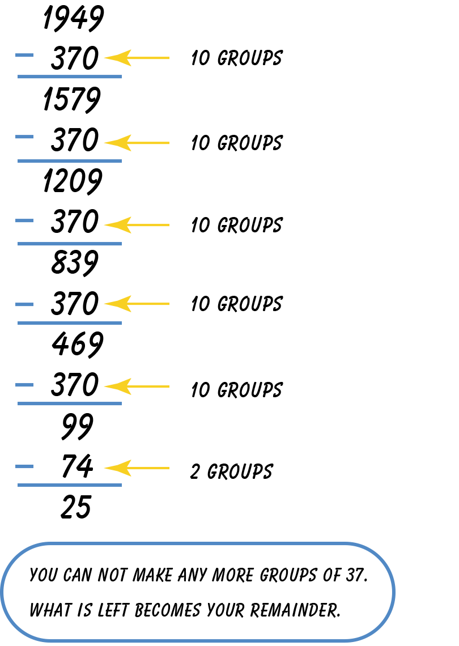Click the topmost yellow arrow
136,58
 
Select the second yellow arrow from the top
136,143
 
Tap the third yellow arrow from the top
136,225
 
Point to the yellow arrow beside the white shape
136,304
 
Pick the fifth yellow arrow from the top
136,386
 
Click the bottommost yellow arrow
136,468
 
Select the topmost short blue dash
24,55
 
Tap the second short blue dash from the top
24,137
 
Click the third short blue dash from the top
24,220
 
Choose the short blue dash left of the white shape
24,304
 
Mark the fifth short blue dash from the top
24,385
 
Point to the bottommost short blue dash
24,466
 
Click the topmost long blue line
70,76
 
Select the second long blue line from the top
70,161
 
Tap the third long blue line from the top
70,244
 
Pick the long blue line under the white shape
70,323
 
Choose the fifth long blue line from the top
70,403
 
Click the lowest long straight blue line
70,485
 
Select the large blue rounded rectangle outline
197,544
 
